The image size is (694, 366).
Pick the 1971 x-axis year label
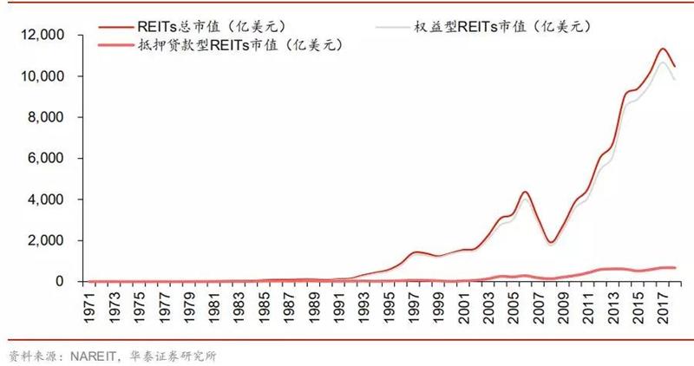tap(90, 306)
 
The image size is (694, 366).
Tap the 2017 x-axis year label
tap(665, 306)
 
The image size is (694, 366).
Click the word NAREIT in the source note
tap(85, 355)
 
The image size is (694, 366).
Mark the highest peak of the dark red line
tap(663, 49)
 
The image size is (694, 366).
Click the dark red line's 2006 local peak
tap(526, 192)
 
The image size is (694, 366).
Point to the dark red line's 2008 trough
tap(551, 242)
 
